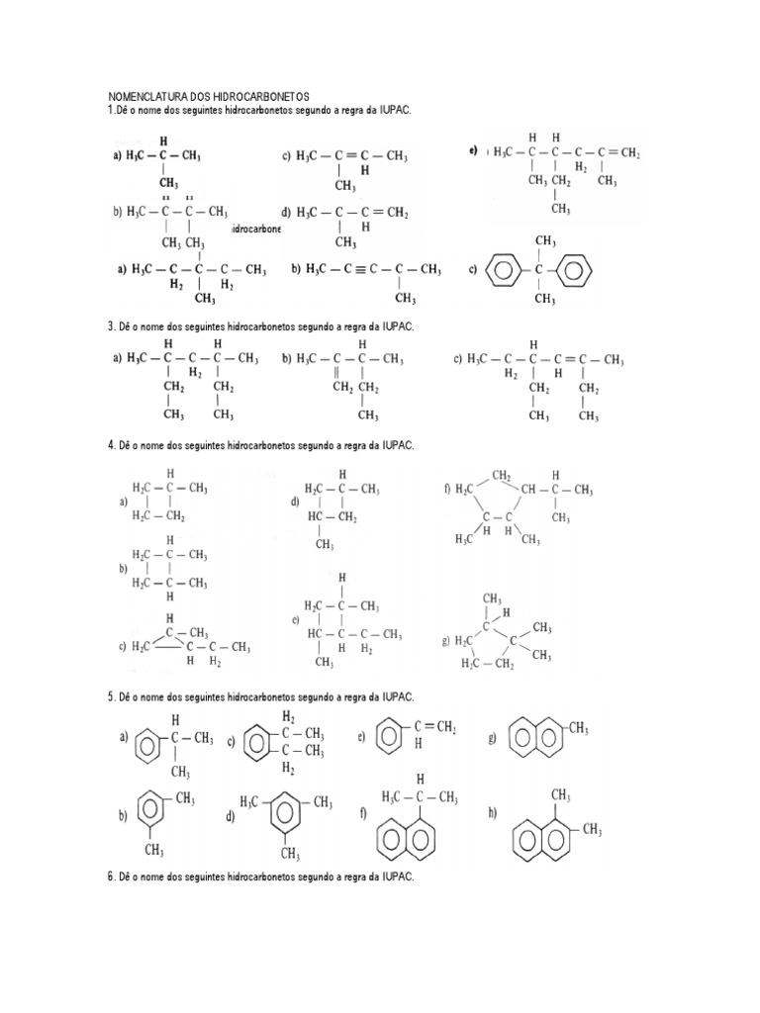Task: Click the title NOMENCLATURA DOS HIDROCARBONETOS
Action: click(208, 96)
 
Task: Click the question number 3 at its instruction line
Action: click(111, 325)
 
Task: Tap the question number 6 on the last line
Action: click(111, 877)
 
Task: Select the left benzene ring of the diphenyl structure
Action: click(503, 269)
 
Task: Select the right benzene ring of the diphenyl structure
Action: click(579, 269)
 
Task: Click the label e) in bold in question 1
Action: click(474, 150)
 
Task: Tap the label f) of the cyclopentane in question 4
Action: click(447, 488)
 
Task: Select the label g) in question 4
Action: click(446, 640)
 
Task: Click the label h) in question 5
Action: click(492, 812)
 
